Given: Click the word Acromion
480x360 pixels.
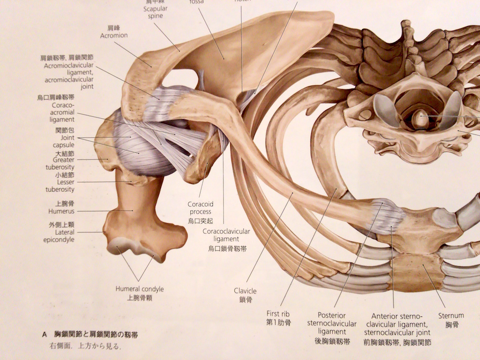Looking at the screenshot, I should coord(114,35).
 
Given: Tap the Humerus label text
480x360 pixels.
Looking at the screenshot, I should coord(61,211).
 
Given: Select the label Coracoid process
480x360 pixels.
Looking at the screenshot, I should coord(200,208).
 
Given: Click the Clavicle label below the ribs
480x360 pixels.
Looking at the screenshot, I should coord(245,291).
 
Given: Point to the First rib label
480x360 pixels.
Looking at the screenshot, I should coord(279,314).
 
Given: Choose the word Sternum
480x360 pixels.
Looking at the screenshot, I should coord(451,315).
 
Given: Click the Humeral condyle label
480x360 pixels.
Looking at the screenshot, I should coord(140,289).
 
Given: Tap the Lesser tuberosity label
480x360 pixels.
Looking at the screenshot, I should coord(60,186).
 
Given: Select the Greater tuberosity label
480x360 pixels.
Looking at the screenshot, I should coord(60,163).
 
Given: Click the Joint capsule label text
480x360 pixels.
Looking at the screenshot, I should coord(67,142).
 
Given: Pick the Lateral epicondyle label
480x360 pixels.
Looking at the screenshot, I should coord(65,236).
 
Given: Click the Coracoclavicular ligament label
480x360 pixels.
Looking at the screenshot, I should coord(226,235).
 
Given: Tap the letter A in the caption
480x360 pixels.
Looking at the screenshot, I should coord(45,335).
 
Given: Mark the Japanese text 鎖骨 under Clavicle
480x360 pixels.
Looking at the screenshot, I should coord(245,300).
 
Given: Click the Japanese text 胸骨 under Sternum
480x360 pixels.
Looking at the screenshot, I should coord(451,324).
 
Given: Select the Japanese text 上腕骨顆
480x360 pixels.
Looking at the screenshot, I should coord(140,298).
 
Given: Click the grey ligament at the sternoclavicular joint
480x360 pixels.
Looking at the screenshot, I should coord(388,217).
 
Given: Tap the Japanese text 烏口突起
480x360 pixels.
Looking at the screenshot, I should coord(200,220).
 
